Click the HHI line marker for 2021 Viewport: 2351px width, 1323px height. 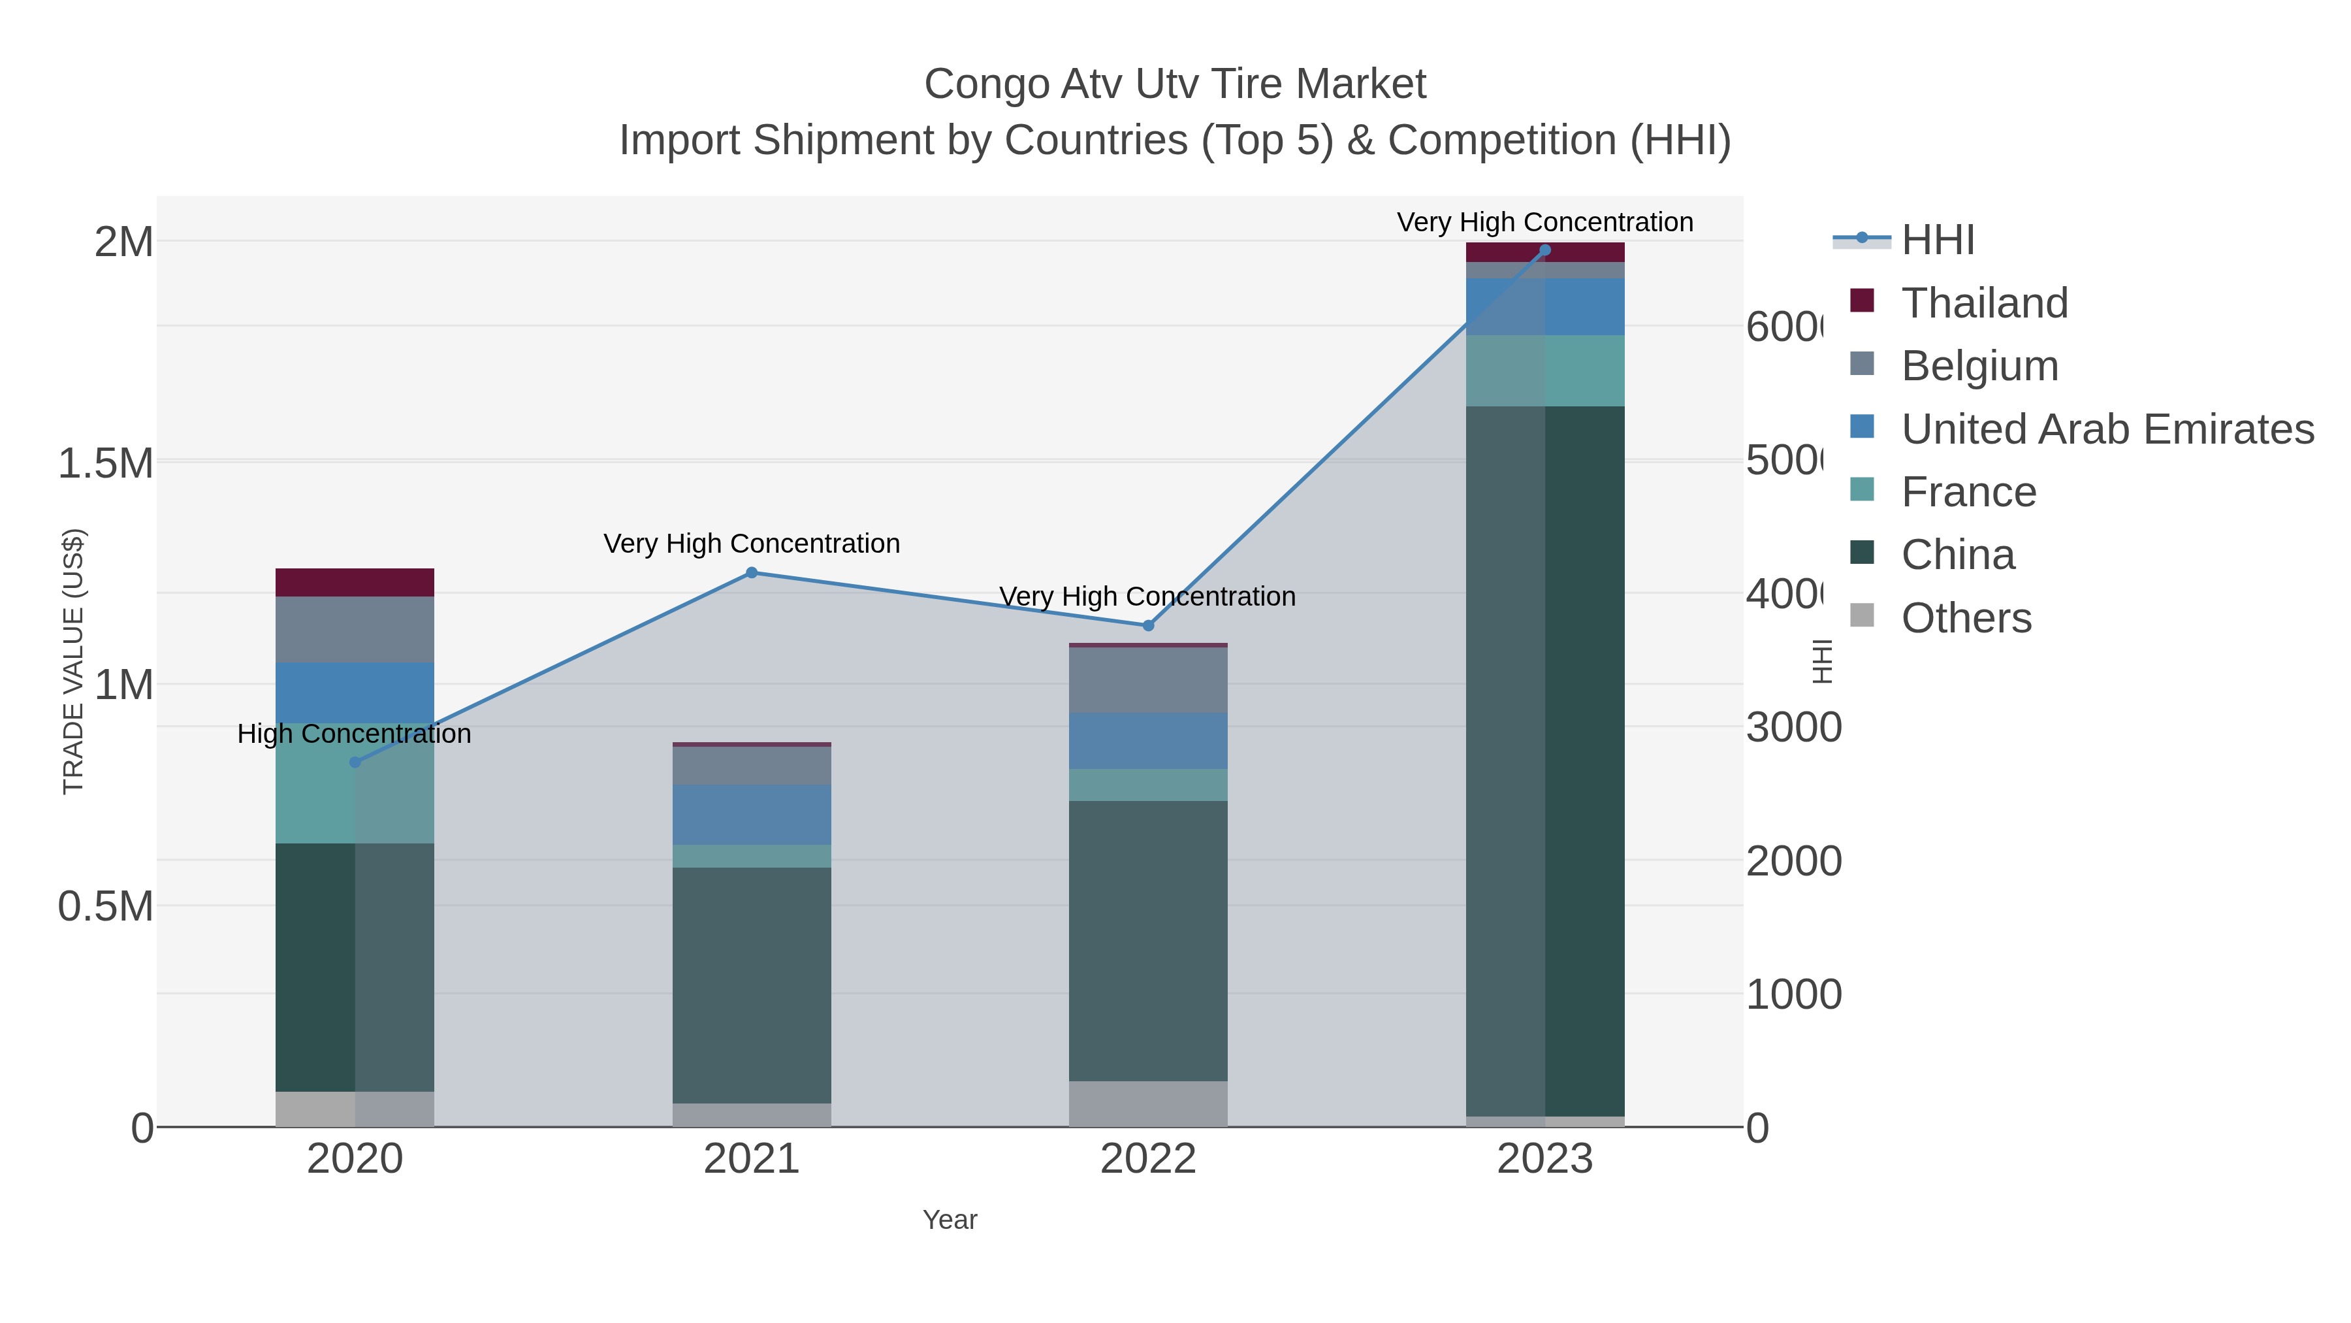[x=751, y=572]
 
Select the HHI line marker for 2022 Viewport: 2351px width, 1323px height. [x=1148, y=625]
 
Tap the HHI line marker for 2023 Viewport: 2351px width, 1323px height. [x=1544, y=250]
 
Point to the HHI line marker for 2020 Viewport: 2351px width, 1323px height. [x=355, y=762]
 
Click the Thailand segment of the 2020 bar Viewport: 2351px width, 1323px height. [x=355, y=583]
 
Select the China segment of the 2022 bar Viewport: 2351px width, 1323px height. [x=1148, y=940]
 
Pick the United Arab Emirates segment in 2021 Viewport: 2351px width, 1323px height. [x=751, y=815]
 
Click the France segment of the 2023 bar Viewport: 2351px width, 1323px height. [x=1544, y=370]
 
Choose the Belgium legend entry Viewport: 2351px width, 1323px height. [x=1979, y=366]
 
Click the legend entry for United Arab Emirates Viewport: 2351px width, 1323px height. [x=2106, y=429]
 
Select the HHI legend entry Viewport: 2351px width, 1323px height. [x=1937, y=240]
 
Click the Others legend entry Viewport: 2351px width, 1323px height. [x=1965, y=618]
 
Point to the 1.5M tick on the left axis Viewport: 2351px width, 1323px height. [x=106, y=464]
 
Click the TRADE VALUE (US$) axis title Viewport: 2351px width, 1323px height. [x=73, y=661]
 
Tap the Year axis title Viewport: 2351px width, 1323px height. [x=949, y=1220]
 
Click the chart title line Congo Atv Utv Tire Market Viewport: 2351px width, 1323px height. [x=1175, y=84]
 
